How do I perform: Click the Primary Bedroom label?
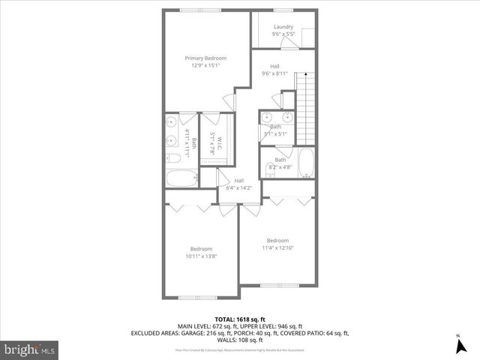click(x=205, y=58)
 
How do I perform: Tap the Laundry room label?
click(x=283, y=28)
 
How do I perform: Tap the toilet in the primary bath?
click(x=171, y=157)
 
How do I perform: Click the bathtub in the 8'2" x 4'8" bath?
click(x=305, y=163)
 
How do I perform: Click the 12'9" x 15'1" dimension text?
click(x=205, y=65)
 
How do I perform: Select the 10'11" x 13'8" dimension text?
click(x=201, y=256)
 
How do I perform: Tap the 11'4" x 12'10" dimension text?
click(x=277, y=248)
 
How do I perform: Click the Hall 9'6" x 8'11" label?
click(x=275, y=70)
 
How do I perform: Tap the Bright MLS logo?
click(x=29, y=349)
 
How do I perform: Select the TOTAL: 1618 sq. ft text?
click(x=240, y=318)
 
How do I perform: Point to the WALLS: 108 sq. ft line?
click(x=240, y=340)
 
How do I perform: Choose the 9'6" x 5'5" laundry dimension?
click(x=283, y=34)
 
